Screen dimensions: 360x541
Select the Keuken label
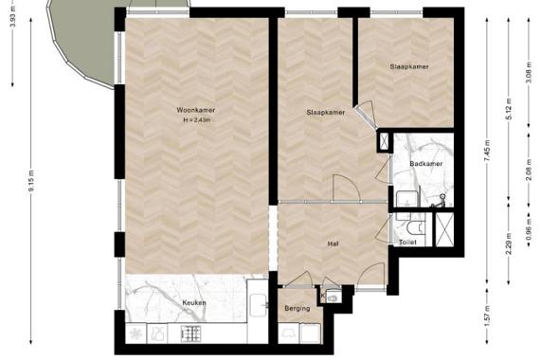[x=194, y=303]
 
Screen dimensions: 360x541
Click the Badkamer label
[x=426, y=164]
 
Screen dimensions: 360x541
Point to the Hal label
[x=334, y=243]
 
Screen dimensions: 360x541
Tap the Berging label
[x=298, y=309]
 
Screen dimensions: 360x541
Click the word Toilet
[x=407, y=243]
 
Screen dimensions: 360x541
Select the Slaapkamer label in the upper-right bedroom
[x=409, y=67]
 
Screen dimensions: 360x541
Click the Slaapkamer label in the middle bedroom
[x=325, y=112]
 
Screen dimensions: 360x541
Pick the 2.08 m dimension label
[x=529, y=166]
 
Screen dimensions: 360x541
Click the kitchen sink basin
[x=259, y=306]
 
